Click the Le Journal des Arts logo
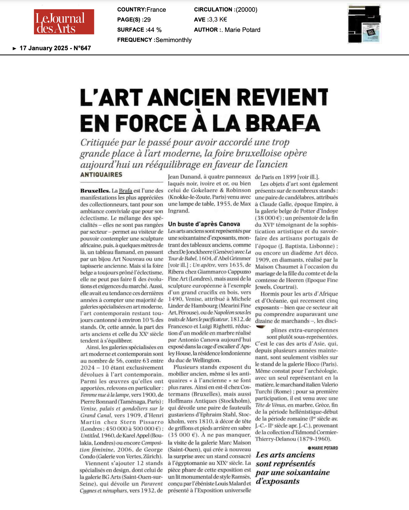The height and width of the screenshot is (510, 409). (64, 22)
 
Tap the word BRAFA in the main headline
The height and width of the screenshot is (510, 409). (283, 124)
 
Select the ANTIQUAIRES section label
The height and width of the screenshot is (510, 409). (101, 174)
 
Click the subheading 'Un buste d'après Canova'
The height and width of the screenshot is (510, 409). (204, 224)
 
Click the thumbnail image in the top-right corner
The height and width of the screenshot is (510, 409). (365, 24)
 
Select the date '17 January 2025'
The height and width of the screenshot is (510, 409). (44, 48)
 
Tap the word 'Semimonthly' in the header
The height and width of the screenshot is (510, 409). (174, 40)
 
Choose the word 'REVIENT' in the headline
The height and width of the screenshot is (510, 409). (282, 97)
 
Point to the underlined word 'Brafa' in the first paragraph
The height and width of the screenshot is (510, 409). (126, 191)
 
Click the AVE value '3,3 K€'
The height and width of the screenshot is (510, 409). (218, 20)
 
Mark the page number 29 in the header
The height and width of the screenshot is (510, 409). (147, 20)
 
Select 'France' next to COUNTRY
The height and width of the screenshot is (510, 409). (156, 10)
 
